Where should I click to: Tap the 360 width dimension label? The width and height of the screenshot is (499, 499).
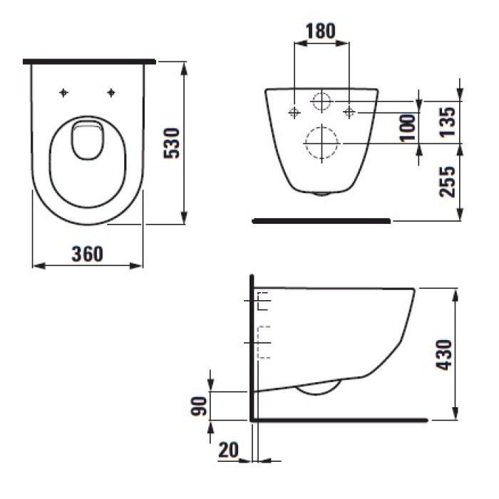click(x=88, y=253)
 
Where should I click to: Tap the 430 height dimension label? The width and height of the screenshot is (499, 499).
click(x=444, y=354)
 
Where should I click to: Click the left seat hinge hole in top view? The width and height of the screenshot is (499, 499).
click(x=64, y=92)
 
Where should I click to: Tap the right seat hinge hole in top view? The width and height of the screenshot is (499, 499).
click(x=111, y=92)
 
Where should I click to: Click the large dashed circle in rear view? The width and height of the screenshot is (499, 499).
click(x=321, y=143)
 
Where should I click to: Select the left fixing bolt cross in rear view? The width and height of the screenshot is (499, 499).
click(x=294, y=112)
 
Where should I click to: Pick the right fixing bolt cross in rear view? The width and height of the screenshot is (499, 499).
click(x=349, y=112)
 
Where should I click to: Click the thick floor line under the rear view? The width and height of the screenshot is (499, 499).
click(x=321, y=222)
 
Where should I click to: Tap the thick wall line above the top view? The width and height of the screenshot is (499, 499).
click(x=89, y=62)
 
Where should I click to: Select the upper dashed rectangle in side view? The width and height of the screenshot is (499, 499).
click(x=263, y=302)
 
